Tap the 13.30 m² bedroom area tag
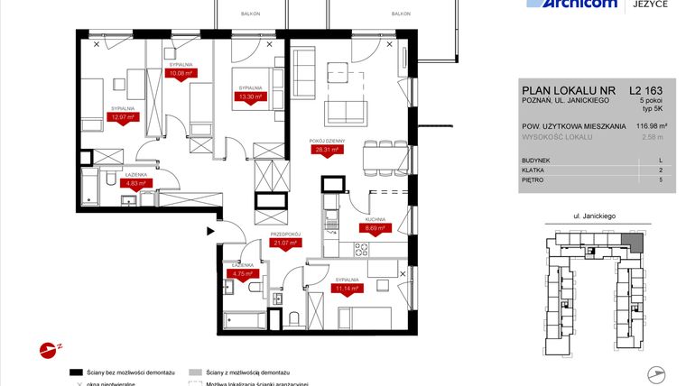[x=249, y=96]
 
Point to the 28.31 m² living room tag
[x=324, y=151]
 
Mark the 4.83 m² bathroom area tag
[x=135, y=181]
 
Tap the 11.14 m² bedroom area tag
[x=347, y=289]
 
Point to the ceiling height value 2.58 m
[x=650, y=137]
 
